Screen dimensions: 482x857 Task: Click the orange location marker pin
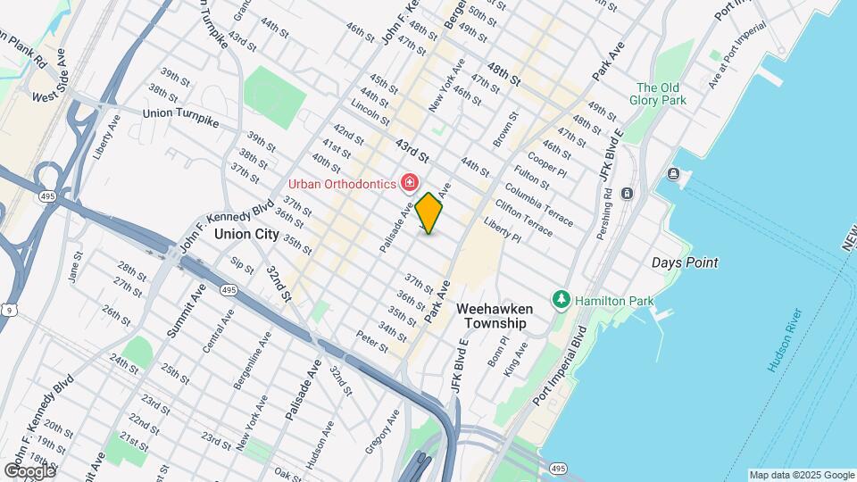(429, 213)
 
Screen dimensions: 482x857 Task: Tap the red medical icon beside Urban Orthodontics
(410, 183)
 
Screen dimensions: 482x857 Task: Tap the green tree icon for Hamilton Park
(561, 299)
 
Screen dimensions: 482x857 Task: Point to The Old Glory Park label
(661, 94)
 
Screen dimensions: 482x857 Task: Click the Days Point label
(685, 262)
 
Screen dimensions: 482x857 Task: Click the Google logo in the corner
(29, 470)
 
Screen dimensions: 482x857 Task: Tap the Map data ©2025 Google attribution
(801, 475)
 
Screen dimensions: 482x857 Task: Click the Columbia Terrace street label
(539, 203)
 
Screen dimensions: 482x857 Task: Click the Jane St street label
(75, 267)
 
